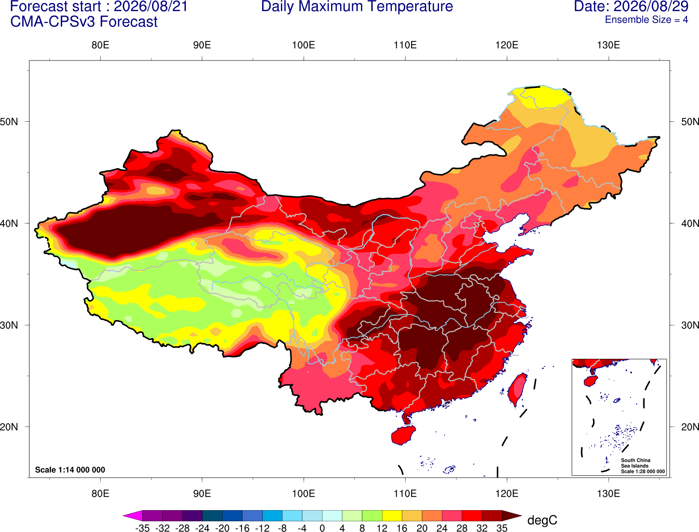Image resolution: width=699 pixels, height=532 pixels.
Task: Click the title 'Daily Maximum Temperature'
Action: pyautogui.click(x=357, y=6)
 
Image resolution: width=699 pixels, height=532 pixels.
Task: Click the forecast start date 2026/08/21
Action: pyautogui.click(x=151, y=6)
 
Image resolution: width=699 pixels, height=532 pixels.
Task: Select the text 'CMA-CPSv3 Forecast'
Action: pyautogui.click(x=84, y=22)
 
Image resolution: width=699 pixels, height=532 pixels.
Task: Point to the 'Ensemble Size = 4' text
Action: pyautogui.click(x=646, y=20)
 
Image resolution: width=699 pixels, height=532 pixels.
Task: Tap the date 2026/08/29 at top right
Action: pyautogui.click(x=651, y=6)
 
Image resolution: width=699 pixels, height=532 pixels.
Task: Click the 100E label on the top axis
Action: pyautogui.click(x=304, y=45)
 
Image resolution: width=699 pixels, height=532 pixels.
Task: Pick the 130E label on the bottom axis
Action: pyautogui.click(x=608, y=494)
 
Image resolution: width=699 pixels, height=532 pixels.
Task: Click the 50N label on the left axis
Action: pyautogui.click(x=9, y=121)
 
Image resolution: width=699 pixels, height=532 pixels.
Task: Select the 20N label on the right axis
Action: pyautogui.click(x=690, y=427)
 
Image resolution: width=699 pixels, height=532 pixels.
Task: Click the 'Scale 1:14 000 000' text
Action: pyautogui.click(x=70, y=470)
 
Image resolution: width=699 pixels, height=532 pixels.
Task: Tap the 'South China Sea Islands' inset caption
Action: pyautogui.click(x=636, y=463)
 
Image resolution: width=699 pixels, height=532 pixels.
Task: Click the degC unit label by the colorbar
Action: pyautogui.click(x=542, y=520)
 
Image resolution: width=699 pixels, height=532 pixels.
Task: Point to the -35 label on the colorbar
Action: pyautogui.click(x=142, y=528)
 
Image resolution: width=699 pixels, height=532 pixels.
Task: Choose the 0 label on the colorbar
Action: pyautogui.click(x=322, y=528)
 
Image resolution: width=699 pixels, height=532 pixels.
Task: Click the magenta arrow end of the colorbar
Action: pyautogui.click(x=132, y=515)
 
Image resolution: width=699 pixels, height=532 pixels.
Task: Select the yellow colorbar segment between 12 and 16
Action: pyautogui.click(x=392, y=515)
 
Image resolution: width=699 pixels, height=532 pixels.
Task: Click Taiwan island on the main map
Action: pyautogui.click(x=517, y=390)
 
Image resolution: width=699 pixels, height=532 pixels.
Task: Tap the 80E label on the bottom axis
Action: pyautogui.click(x=100, y=494)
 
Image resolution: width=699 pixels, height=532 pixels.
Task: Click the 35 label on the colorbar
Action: pyautogui.click(x=502, y=528)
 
